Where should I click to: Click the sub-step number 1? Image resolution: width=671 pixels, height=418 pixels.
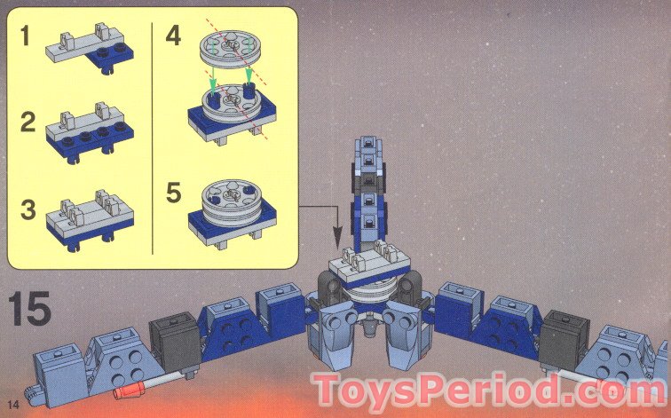[28, 39]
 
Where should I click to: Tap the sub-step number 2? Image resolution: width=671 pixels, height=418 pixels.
[28, 122]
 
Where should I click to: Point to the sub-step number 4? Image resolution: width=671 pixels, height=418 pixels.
[174, 37]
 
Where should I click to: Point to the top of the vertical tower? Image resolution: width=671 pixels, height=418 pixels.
[369, 145]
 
